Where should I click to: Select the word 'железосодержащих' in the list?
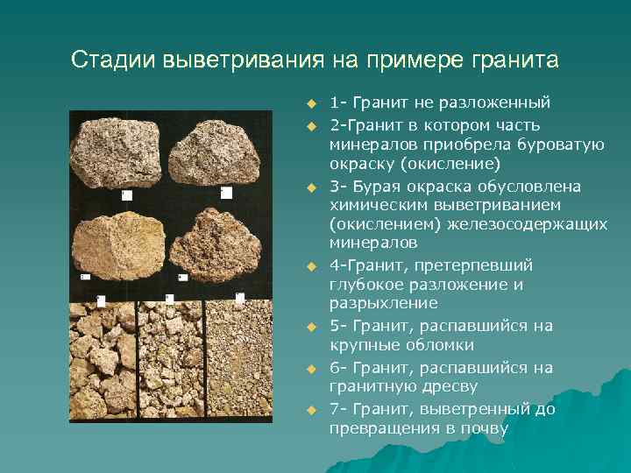click(x=542, y=225)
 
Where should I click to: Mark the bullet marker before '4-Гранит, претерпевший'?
click(x=310, y=265)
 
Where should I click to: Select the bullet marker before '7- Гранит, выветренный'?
click(x=310, y=410)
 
